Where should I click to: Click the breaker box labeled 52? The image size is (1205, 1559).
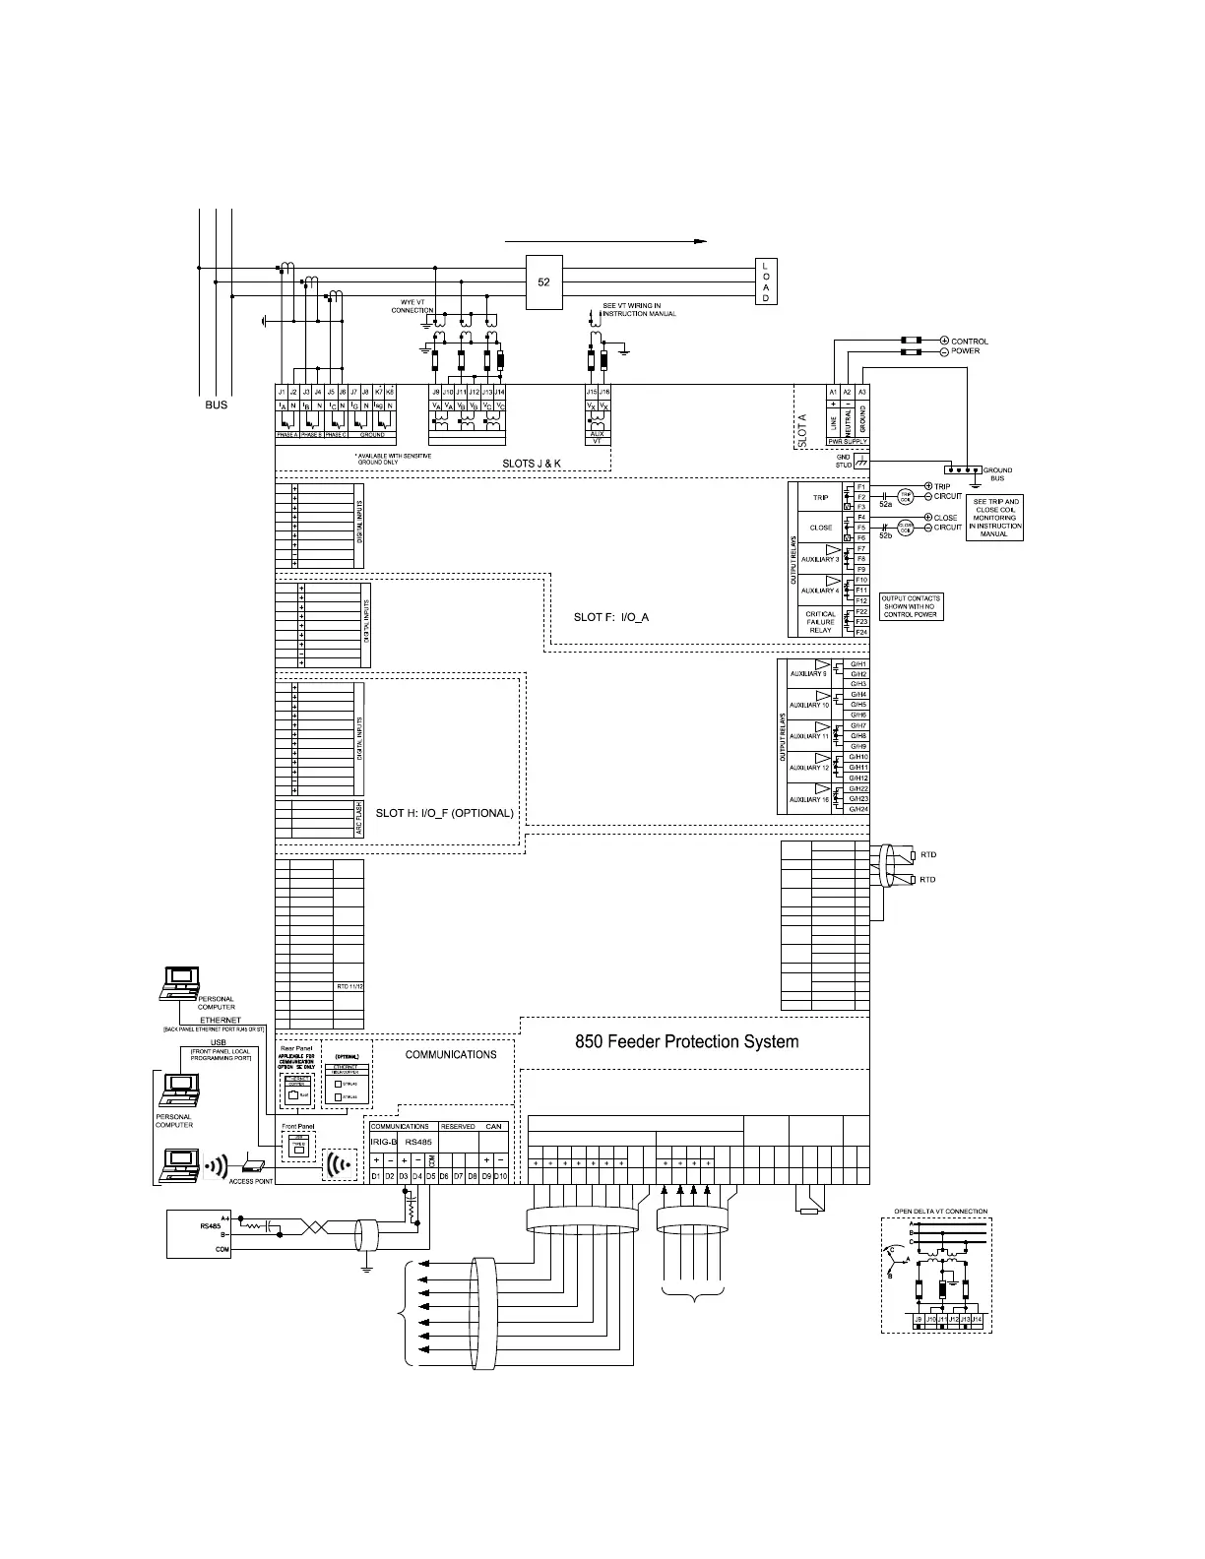(x=543, y=281)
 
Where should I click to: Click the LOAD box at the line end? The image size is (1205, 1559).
(x=766, y=281)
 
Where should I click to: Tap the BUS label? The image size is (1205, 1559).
(x=217, y=405)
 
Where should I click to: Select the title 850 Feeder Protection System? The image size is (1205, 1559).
(x=686, y=1041)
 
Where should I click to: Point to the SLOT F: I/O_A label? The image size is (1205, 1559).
(x=611, y=617)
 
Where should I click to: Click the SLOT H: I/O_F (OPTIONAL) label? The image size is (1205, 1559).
(x=445, y=813)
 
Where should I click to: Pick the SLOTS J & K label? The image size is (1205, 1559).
(x=531, y=463)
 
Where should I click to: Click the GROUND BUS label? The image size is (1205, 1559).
(x=997, y=474)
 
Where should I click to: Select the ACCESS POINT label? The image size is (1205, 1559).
(x=251, y=1181)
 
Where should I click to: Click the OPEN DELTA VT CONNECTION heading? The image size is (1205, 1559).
(x=940, y=1212)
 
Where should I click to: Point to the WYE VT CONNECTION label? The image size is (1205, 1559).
(x=412, y=306)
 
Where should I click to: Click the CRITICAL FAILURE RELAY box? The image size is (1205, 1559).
(x=820, y=622)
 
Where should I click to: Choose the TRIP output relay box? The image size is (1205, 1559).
(x=820, y=498)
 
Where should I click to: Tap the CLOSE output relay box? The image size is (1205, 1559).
(x=820, y=528)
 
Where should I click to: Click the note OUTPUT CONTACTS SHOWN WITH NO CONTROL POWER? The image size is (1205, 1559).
(x=911, y=606)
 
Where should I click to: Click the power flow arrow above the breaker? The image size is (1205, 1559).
(x=606, y=240)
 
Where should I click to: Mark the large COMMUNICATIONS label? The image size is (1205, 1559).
(x=451, y=1054)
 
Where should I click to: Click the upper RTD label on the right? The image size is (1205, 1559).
(x=927, y=855)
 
